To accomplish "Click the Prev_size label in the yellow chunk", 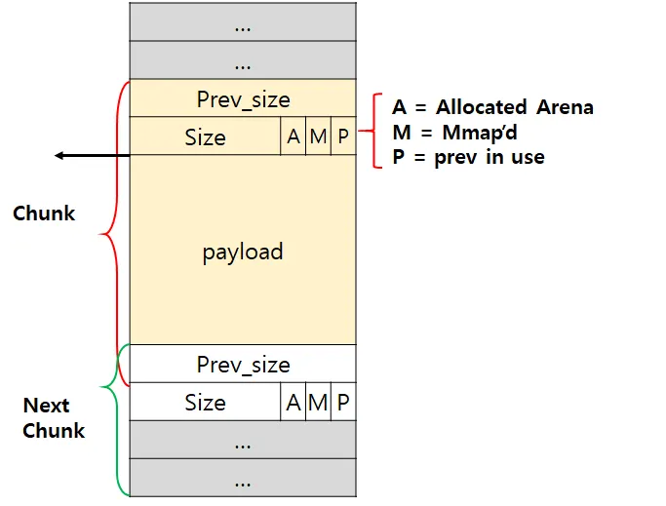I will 243,99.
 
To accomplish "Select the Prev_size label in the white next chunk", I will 243,365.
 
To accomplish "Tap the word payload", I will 243,252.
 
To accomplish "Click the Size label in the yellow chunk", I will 205,137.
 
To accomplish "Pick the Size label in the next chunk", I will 205,403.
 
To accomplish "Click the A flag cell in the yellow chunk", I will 294,137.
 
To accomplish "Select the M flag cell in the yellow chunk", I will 318,137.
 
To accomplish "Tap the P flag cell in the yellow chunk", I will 343,137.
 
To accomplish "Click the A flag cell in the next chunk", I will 294,403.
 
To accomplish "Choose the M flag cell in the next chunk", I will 318,403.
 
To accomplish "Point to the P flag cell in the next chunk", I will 343,403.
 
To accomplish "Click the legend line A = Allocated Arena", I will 492,107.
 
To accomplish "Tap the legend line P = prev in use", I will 468,157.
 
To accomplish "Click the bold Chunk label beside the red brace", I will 44,213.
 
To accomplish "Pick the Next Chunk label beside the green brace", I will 54,417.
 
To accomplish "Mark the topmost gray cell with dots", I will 243,22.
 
